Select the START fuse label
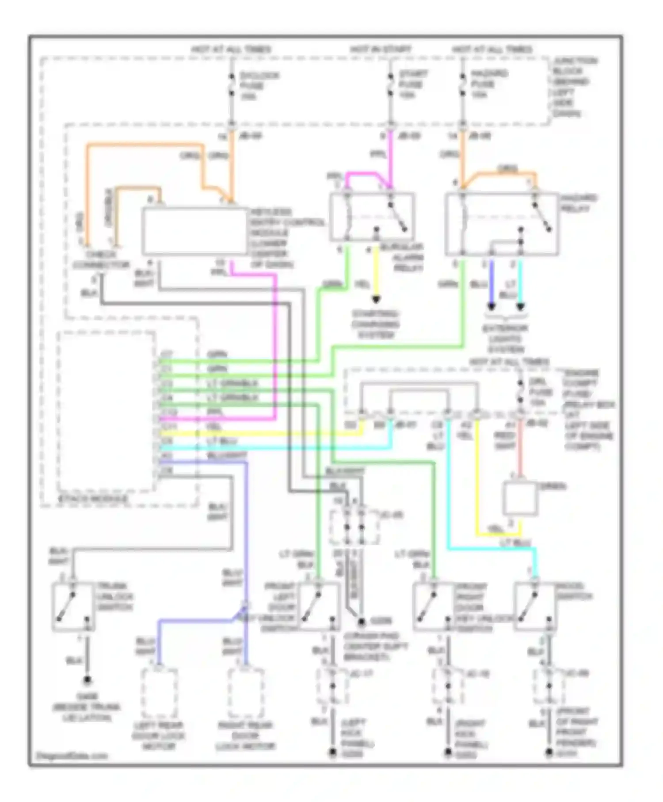(412, 84)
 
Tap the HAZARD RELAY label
(578, 203)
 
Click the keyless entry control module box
(194, 231)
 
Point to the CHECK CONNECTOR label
(101, 260)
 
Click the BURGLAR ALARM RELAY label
(401, 257)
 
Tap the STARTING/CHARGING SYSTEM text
(375, 325)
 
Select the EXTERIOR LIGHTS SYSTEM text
(505, 339)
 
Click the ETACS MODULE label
(92, 499)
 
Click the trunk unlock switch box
(73, 606)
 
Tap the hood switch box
(535, 606)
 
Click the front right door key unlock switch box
(433, 606)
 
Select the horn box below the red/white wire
(520, 498)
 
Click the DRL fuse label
(540, 392)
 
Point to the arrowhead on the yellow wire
(376, 300)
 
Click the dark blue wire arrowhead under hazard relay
(491, 306)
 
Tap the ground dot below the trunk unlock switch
(88, 680)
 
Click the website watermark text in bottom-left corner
(72, 756)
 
